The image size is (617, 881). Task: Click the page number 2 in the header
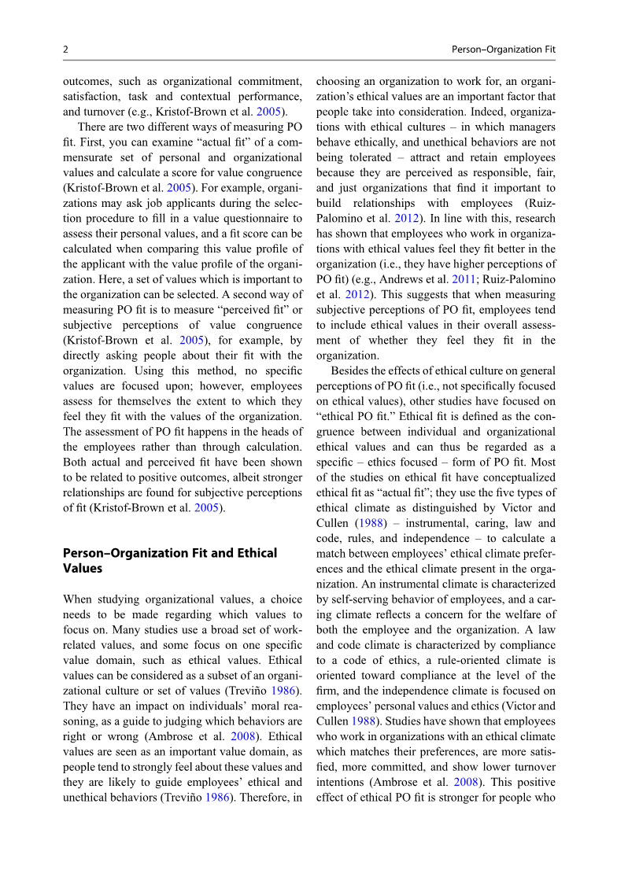[65, 50]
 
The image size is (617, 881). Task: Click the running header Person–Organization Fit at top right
[503, 50]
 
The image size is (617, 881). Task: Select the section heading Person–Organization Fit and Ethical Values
[170, 560]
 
